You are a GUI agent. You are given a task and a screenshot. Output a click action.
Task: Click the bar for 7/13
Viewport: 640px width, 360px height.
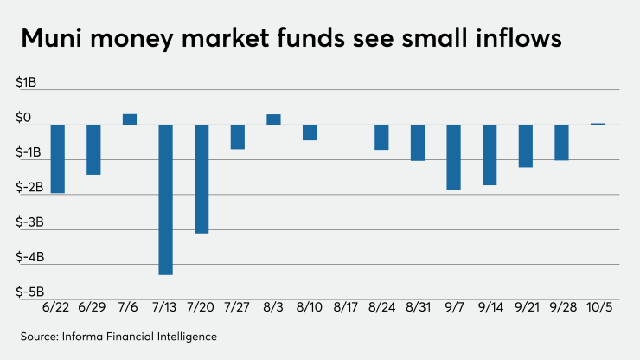pos(165,199)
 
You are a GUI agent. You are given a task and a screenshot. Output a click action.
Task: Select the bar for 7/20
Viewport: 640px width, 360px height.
pos(202,178)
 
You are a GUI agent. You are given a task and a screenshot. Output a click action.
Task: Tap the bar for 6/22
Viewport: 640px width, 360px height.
pos(58,158)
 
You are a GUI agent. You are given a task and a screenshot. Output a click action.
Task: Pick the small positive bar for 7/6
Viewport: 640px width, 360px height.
pos(130,119)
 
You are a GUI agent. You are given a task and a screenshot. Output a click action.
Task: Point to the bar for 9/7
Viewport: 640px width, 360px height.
pos(454,157)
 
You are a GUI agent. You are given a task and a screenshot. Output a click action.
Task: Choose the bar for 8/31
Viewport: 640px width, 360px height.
pos(418,142)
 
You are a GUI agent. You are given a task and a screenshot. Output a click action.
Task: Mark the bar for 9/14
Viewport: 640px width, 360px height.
pos(490,154)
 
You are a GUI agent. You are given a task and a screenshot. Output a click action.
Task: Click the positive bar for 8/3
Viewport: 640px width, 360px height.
pos(273,119)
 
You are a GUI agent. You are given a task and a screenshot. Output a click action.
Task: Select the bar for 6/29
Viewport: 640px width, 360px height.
pos(93,149)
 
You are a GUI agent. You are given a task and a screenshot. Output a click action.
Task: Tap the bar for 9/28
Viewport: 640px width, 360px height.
pos(561,142)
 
